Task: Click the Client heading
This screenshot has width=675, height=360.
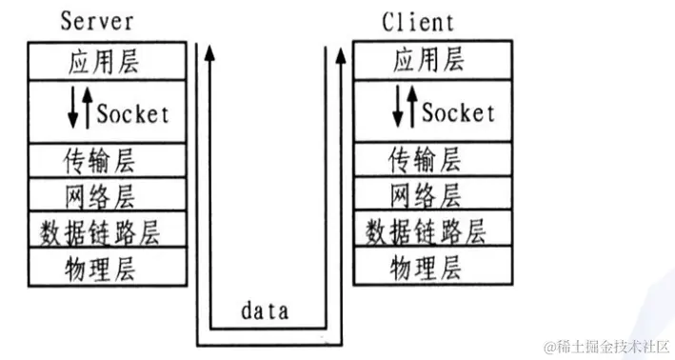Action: click(x=418, y=21)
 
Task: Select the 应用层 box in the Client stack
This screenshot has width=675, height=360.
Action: click(x=427, y=63)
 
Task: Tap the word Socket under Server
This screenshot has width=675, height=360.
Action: click(x=133, y=112)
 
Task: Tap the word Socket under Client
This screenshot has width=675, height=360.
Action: click(x=458, y=112)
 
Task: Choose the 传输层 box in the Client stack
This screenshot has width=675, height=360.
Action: click(x=427, y=158)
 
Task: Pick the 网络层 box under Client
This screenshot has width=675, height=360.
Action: click(x=427, y=195)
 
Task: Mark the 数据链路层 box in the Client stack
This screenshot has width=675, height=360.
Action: click(x=427, y=230)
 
